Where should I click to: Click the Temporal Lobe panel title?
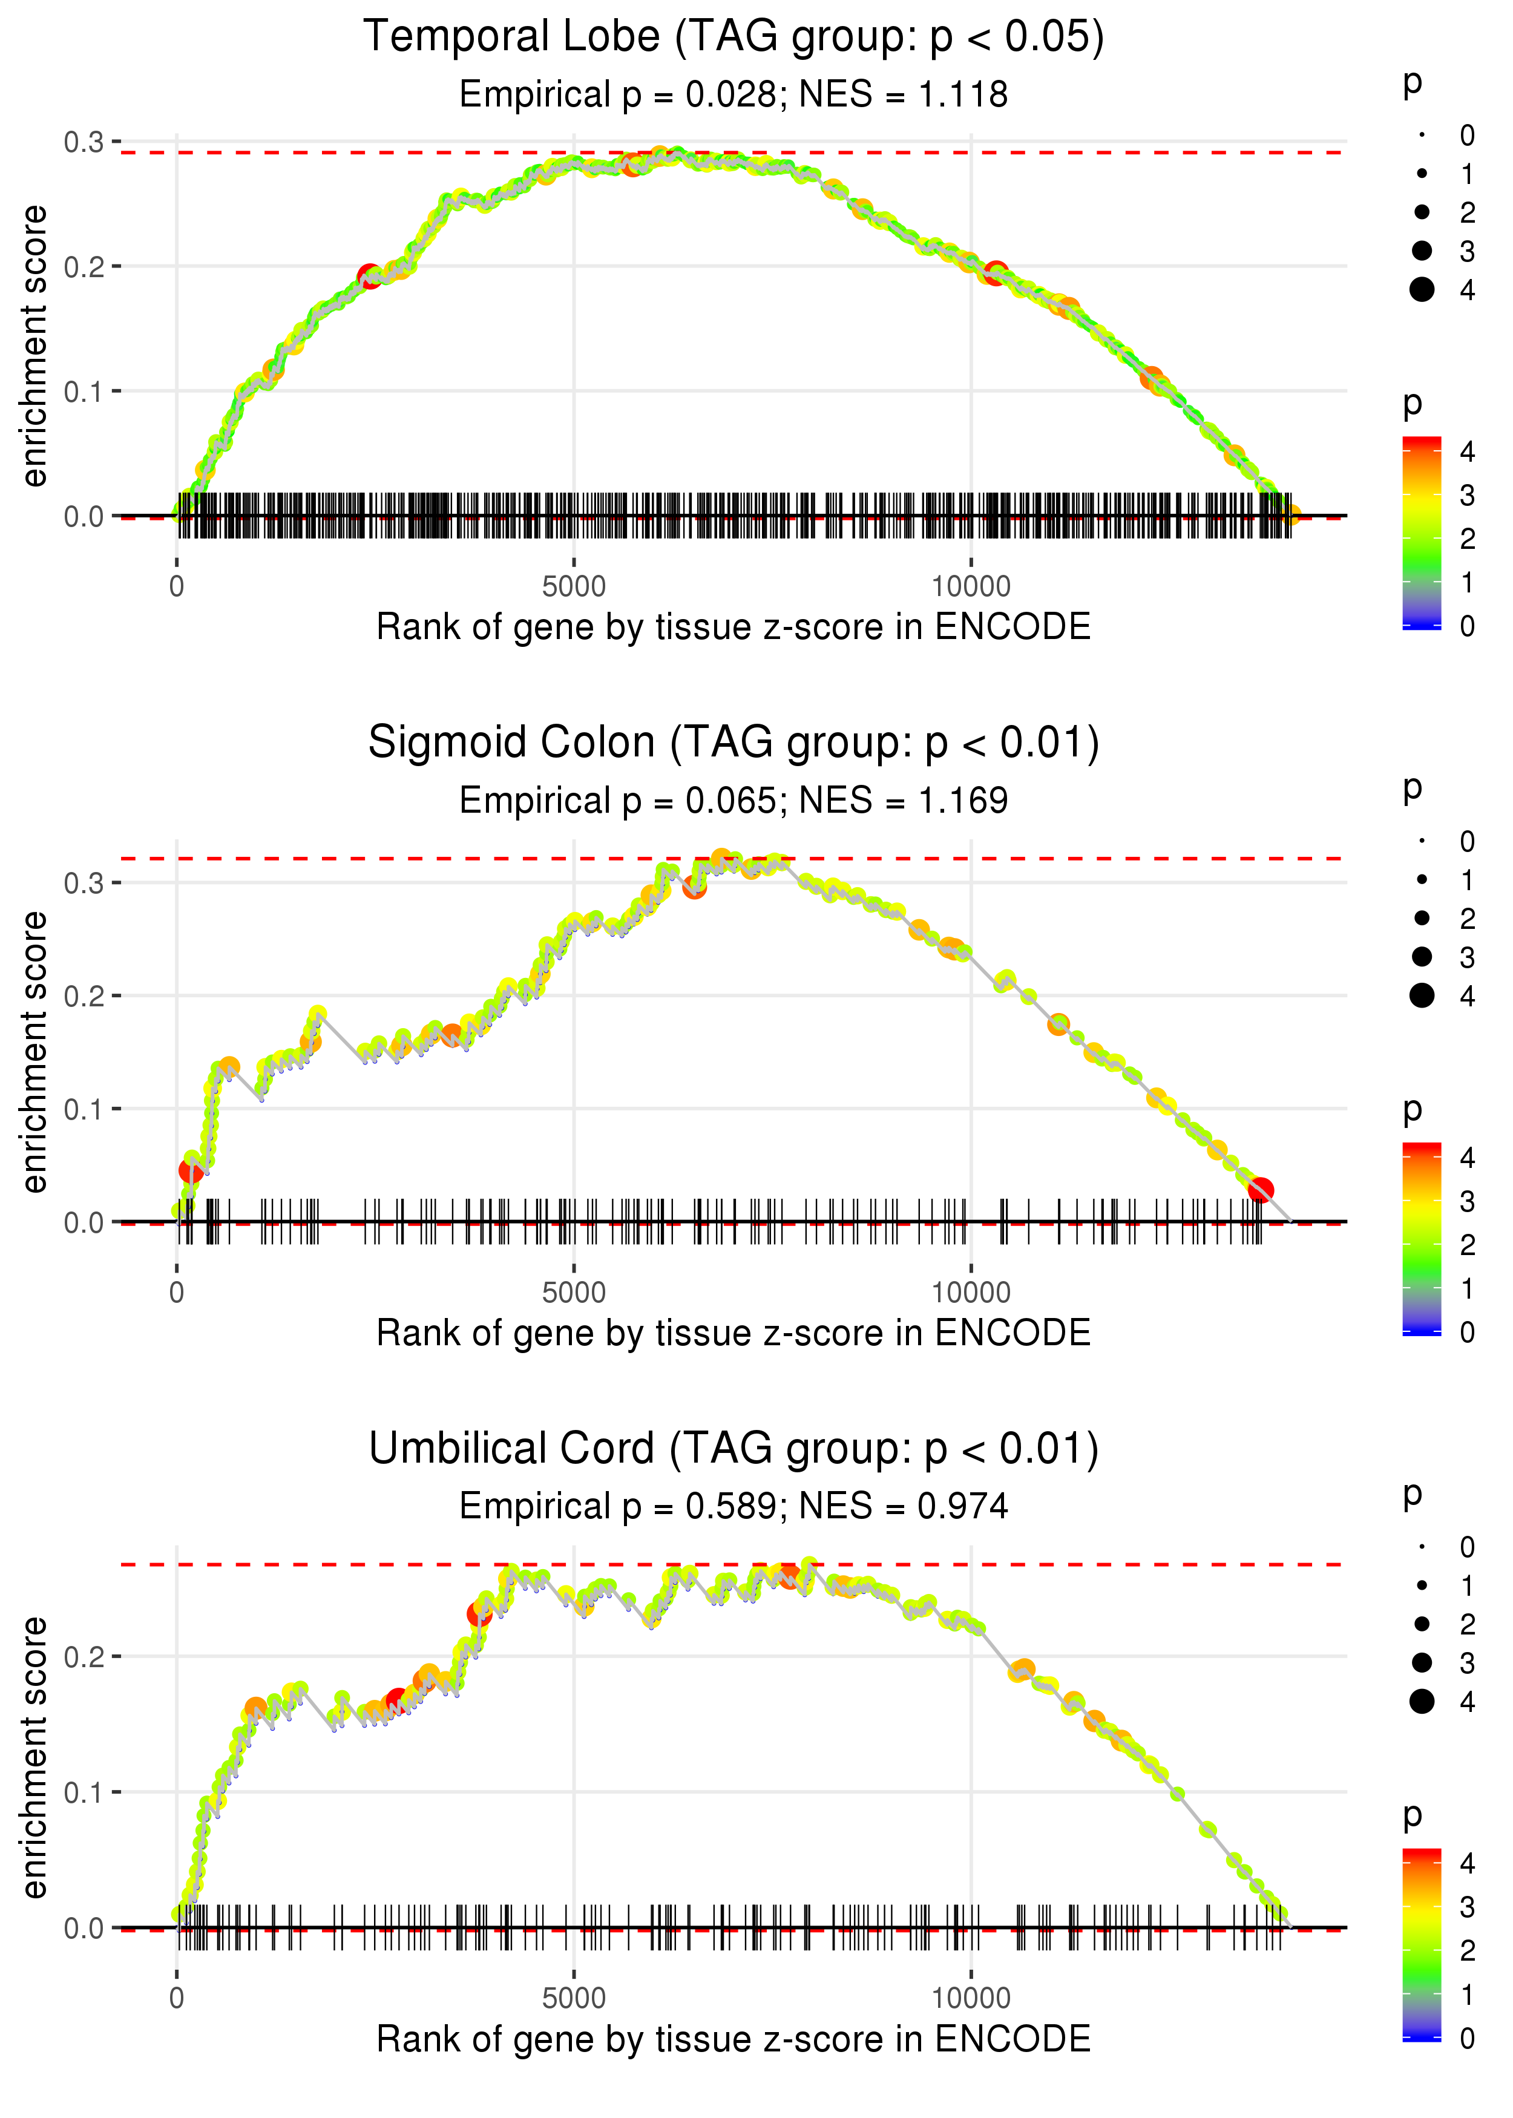[x=734, y=38]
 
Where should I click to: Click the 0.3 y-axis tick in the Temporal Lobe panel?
[x=84, y=142]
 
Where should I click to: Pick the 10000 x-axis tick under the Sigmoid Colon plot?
[x=971, y=1292]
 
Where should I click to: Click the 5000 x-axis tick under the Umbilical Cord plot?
[x=574, y=1998]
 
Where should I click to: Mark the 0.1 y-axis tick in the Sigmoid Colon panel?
[x=84, y=1109]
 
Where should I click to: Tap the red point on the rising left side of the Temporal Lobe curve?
[x=370, y=277]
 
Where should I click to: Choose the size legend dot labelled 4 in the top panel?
[x=1422, y=290]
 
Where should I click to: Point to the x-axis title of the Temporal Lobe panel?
[x=734, y=627]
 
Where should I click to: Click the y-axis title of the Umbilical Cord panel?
[x=34, y=1757]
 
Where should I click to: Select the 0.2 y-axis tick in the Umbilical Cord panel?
[x=84, y=1657]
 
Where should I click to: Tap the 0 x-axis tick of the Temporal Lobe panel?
[x=177, y=587]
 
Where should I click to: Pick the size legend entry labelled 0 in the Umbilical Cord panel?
[x=1422, y=1547]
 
